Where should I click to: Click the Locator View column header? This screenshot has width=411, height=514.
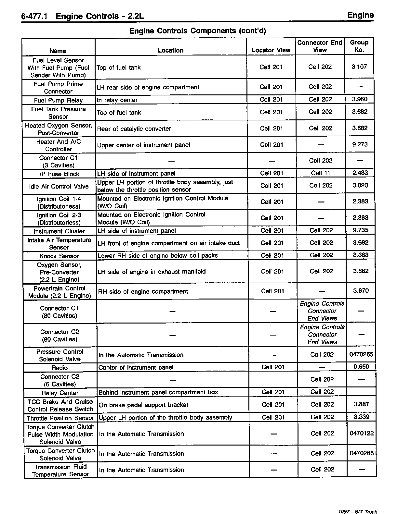point(271,50)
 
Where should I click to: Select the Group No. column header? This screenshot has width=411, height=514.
point(359,46)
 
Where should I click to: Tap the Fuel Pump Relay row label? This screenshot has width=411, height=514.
point(58,100)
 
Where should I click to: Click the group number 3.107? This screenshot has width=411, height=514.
point(359,67)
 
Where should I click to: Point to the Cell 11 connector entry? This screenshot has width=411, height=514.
point(321,173)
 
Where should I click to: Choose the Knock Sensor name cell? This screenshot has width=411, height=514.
point(59,256)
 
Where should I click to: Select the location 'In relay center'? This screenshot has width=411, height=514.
point(117,100)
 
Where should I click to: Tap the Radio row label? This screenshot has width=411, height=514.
point(60,368)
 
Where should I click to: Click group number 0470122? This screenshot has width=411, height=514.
point(362,433)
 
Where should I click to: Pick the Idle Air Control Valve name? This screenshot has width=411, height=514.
point(59,186)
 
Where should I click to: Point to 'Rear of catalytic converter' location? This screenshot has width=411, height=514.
point(134,129)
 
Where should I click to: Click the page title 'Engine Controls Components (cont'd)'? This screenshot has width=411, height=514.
point(198,31)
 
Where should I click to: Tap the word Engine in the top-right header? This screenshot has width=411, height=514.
point(360,15)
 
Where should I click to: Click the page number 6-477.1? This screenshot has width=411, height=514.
point(34,16)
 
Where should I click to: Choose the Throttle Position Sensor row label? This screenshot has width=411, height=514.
point(60,418)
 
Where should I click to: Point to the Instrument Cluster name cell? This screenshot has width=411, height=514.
point(59,231)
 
